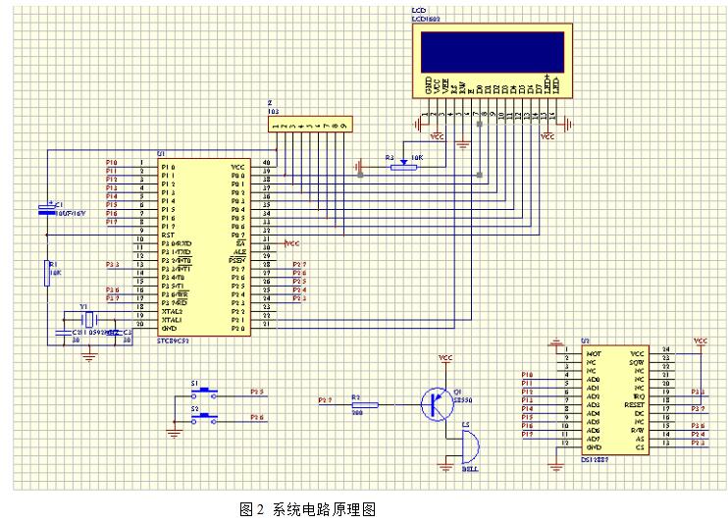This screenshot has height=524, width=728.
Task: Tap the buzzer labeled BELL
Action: (467, 448)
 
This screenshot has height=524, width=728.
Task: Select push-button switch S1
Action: (204, 393)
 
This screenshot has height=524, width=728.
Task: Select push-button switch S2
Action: (204, 418)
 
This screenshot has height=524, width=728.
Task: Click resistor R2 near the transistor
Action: (363, 404)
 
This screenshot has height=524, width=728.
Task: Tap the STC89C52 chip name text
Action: (176, 340)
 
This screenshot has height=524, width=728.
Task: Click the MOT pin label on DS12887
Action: (592, 352)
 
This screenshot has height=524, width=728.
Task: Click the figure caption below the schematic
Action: (307, 508)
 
